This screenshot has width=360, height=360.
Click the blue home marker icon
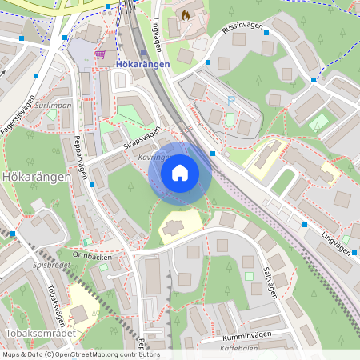coord(180,173)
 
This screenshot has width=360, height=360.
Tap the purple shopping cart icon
coord(100,54)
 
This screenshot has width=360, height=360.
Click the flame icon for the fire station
coord(186,15)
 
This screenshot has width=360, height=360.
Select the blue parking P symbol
coord(231,100)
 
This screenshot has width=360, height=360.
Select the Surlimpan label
coord(54,105)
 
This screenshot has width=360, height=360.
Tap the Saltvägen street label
coord(270,282)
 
